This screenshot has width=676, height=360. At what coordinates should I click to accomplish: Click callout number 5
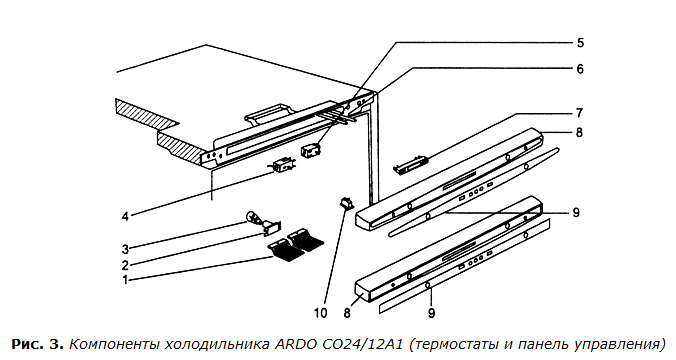coord(580,43)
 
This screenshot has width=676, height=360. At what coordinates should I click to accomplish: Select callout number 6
coord(580,69)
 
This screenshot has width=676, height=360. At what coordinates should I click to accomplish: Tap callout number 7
coord(579,113)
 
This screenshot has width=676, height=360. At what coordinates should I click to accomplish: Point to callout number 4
coord(125,216)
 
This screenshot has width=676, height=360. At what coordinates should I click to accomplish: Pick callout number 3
coord(125,249)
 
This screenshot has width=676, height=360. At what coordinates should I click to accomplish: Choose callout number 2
coord(125,265)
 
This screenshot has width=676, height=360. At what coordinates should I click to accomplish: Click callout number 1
coord(125,280)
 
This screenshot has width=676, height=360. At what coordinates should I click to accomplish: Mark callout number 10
coord(321,313)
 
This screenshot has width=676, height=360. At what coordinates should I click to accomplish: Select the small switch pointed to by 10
coord(346,202)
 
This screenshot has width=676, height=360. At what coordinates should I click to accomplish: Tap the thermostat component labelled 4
coord(283,166)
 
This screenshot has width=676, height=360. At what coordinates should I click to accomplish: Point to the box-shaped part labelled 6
coord(310,151)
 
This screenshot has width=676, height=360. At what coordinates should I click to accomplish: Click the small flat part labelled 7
coord(411,166)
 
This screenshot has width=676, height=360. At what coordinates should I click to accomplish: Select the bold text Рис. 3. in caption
coord(38,345)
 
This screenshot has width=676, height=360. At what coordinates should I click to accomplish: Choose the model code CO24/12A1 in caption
coord(362,345)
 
